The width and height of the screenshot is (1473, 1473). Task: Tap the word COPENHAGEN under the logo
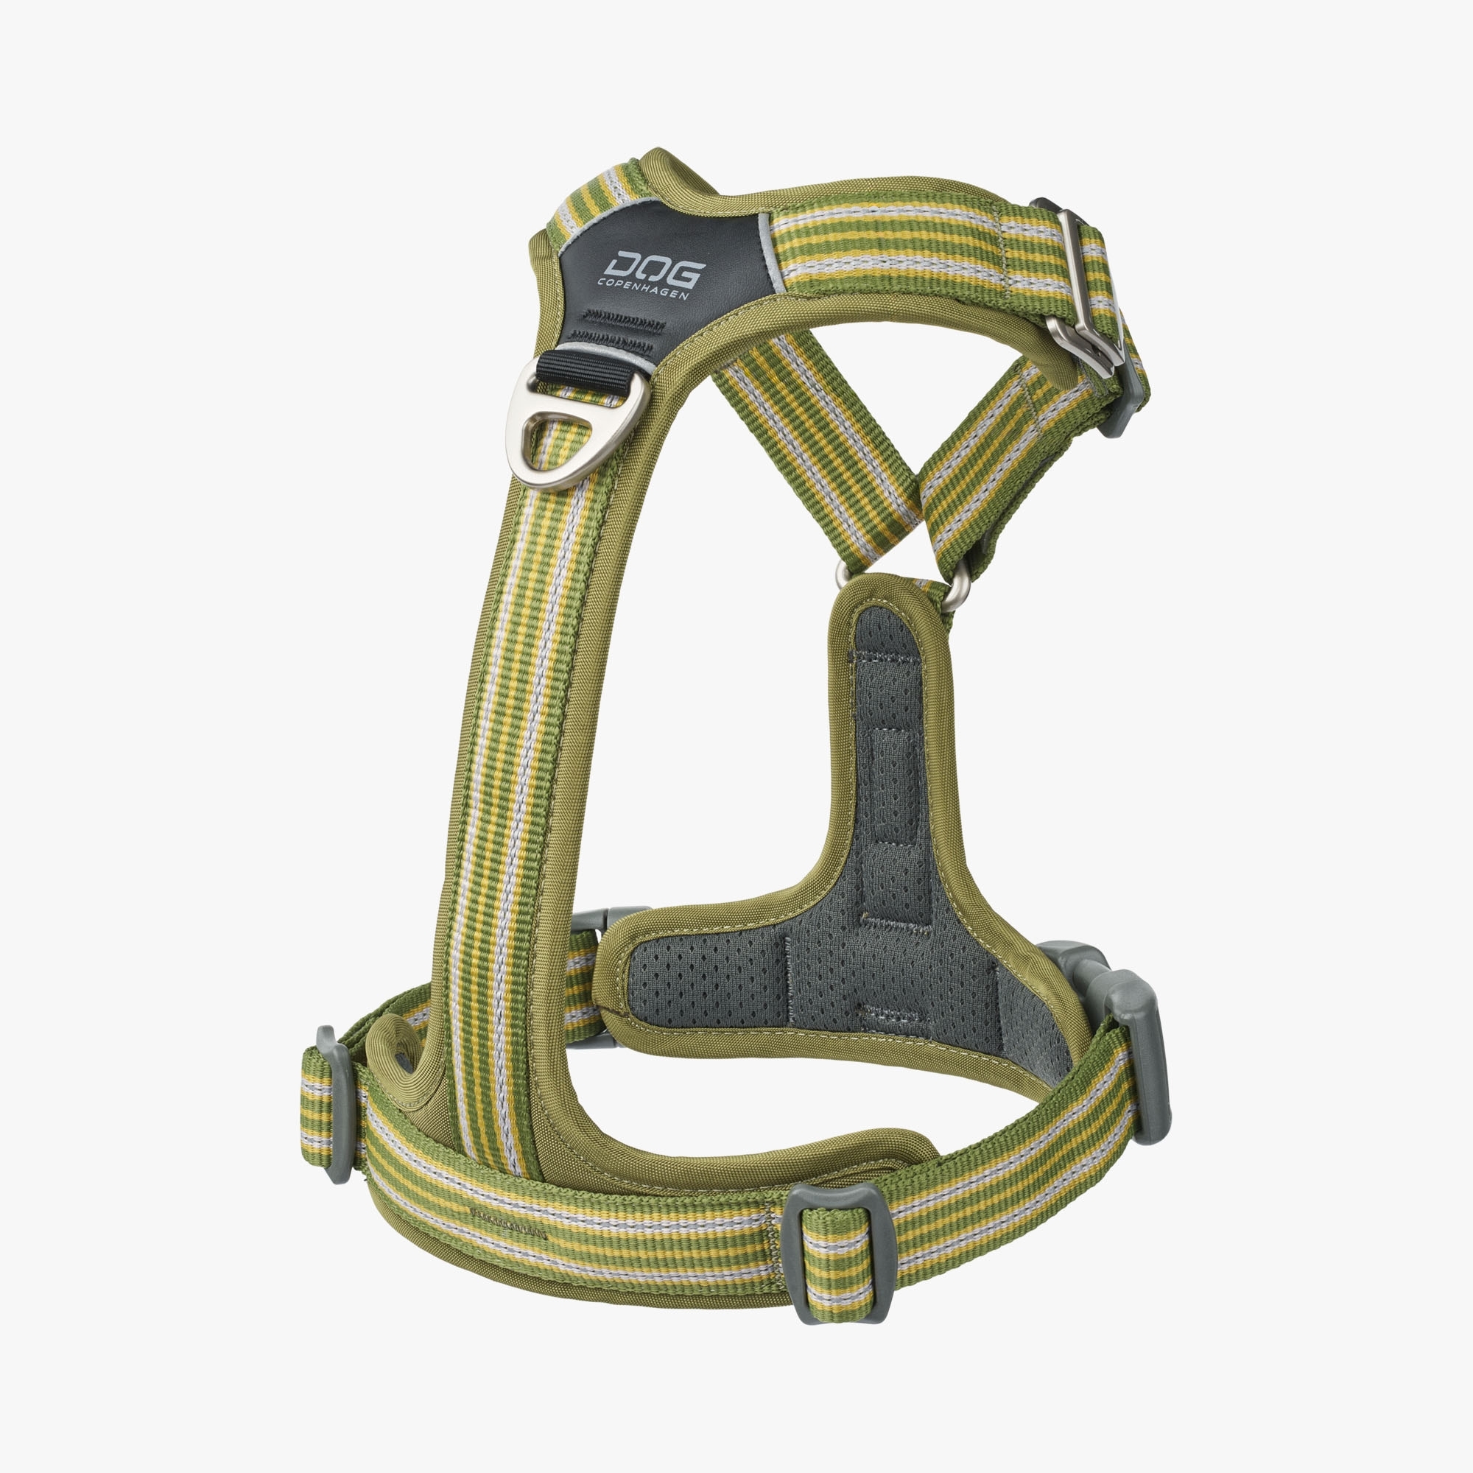(643, 288)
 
